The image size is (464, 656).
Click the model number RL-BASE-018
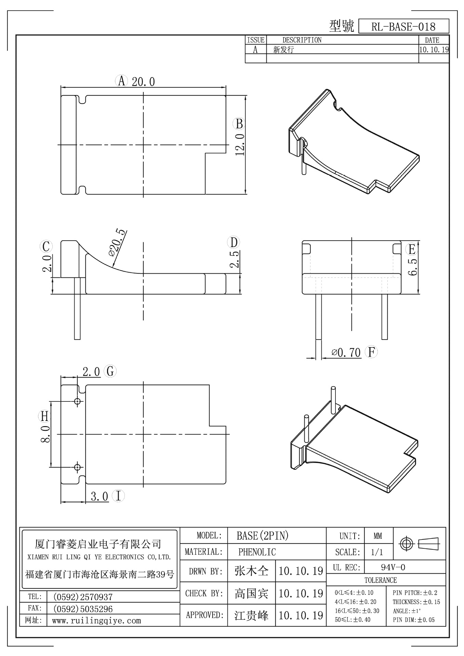(403, 27)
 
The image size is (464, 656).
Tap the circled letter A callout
(121, 81)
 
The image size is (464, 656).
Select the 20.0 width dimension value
(143, 82)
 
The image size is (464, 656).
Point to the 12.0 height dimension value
(240, 144)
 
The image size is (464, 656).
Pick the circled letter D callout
(234, 243)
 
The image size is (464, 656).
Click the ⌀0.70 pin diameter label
(346, 352)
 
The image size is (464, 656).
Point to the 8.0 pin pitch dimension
(46, 434)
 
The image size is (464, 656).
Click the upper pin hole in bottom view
(78, 401)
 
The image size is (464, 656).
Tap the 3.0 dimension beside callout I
(99, 496)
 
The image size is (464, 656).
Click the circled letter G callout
(110, 371)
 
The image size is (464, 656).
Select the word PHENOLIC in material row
(257, 552)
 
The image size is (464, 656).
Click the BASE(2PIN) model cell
(263, 535)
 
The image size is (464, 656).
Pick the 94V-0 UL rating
(393, 568)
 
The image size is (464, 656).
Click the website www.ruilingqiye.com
(96, 620)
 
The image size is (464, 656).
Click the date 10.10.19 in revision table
(434, 50)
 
